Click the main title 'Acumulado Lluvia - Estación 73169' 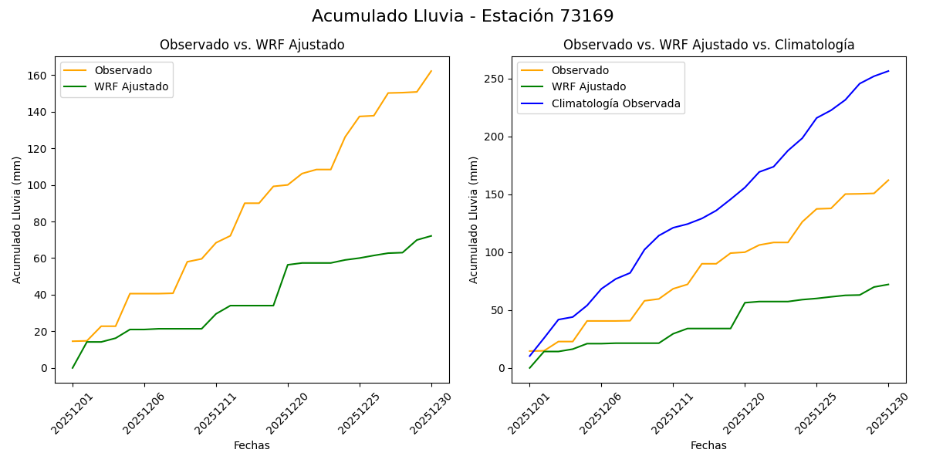tap(463, 16)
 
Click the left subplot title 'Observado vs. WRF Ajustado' tap(252, 45)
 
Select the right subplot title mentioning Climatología tap(708, 45)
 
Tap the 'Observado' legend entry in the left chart tap(123, 71)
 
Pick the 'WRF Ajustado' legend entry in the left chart tap(131, 86)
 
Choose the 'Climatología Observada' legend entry tap(615, 103)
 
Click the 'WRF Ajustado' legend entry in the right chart tap(588, 86)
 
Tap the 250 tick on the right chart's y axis tap(495, 79)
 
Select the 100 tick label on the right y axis tap(495, 253)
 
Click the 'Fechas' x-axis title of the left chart tap(252, 445)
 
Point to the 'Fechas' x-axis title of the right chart tap(708, 445)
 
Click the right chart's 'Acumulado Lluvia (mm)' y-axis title tap(475, 219)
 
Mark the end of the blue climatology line tap(888, 71)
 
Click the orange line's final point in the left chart tap(431, 71)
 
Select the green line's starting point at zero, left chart tap(73, 367)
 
